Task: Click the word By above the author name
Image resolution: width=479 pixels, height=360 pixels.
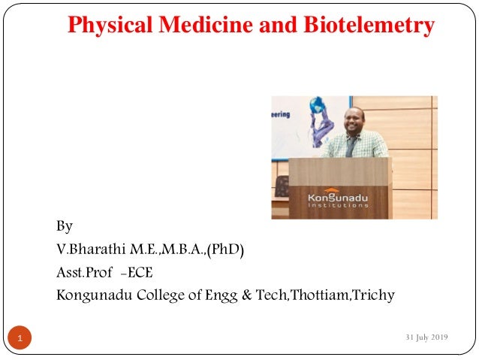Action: [65, 226]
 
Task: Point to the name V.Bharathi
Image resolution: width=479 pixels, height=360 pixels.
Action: [89, 249]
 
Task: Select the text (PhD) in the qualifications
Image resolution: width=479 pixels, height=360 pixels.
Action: [226, 249]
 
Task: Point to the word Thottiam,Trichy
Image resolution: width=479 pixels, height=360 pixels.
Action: [345, 295]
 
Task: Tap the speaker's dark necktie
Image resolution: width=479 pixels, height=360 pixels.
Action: [350, 146]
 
